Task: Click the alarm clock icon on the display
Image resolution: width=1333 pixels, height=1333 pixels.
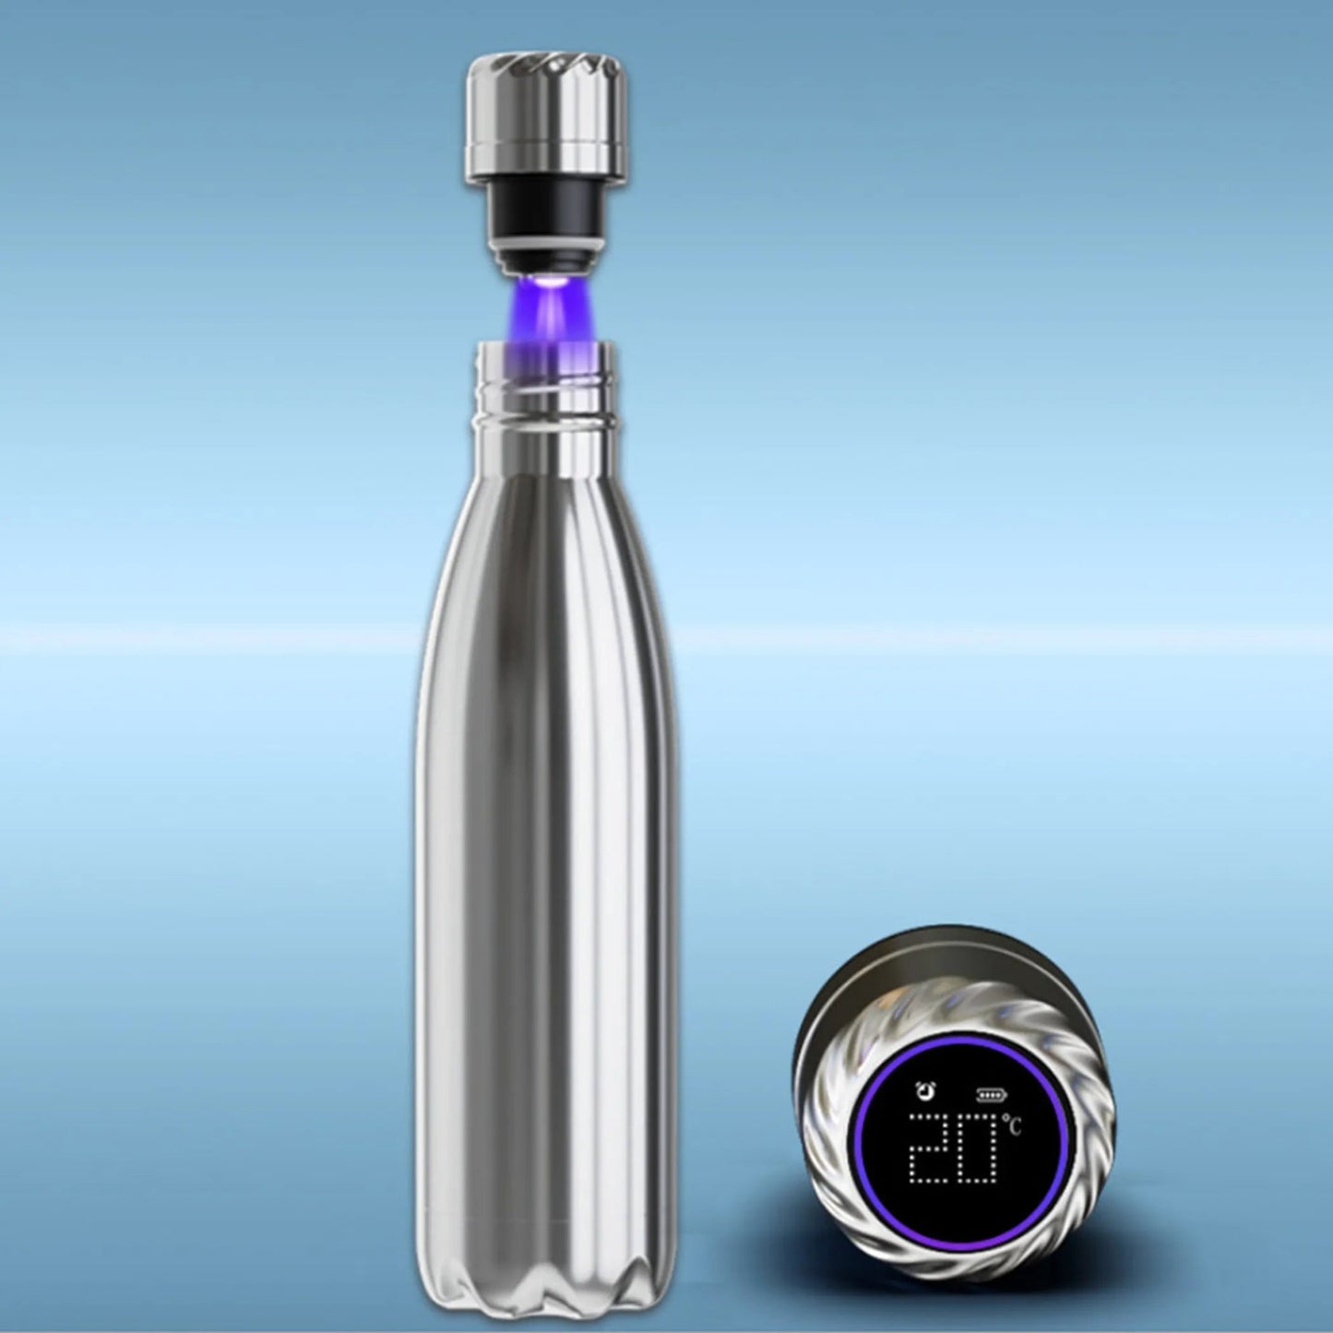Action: pos(922,1091)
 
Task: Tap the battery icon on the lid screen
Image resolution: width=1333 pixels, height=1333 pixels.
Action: pos(991,1095)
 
